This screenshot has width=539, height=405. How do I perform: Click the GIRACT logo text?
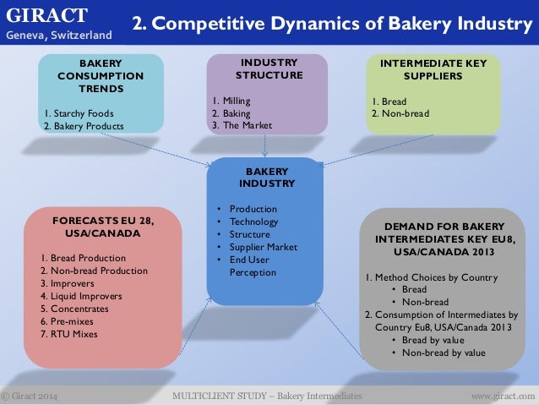(x=47, y=15)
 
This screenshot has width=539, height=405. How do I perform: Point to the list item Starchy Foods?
(x=78, y=112)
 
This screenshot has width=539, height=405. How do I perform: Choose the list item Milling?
(x=231, y=101)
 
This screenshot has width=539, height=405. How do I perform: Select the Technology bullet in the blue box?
(x=253, y=222)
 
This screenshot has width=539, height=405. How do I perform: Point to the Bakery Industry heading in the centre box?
(x=266, y=177)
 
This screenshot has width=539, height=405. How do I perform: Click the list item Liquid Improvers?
(x=81, y=296)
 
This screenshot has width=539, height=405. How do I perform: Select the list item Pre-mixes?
(x=69, y=321)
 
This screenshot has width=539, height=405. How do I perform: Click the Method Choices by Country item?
(x=431, y=277)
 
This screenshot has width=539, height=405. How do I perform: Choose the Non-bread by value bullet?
(x=444, y=353)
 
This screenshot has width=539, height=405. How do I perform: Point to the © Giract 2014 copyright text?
(x=30, y=396)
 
